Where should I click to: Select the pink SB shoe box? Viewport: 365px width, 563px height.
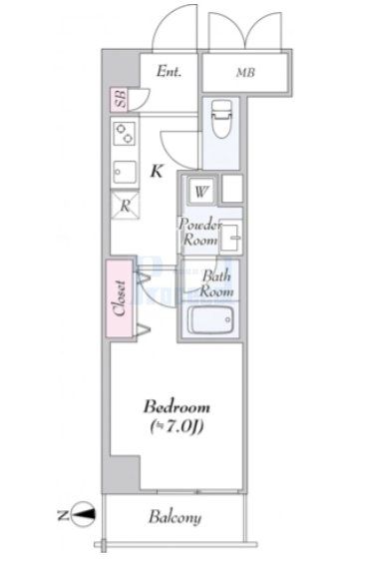coord(119,100)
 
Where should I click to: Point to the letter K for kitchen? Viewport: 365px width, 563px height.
coord(157,171)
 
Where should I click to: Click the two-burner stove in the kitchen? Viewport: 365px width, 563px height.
coord(126,133)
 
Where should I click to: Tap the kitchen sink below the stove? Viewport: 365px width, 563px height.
coord(126,170)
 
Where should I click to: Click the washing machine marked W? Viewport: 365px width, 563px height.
coord(200,190)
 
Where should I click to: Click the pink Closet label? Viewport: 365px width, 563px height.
coord(118,297)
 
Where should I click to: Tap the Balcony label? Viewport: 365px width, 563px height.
coord(176,517)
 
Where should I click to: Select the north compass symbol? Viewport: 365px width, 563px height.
coord(87,516)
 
